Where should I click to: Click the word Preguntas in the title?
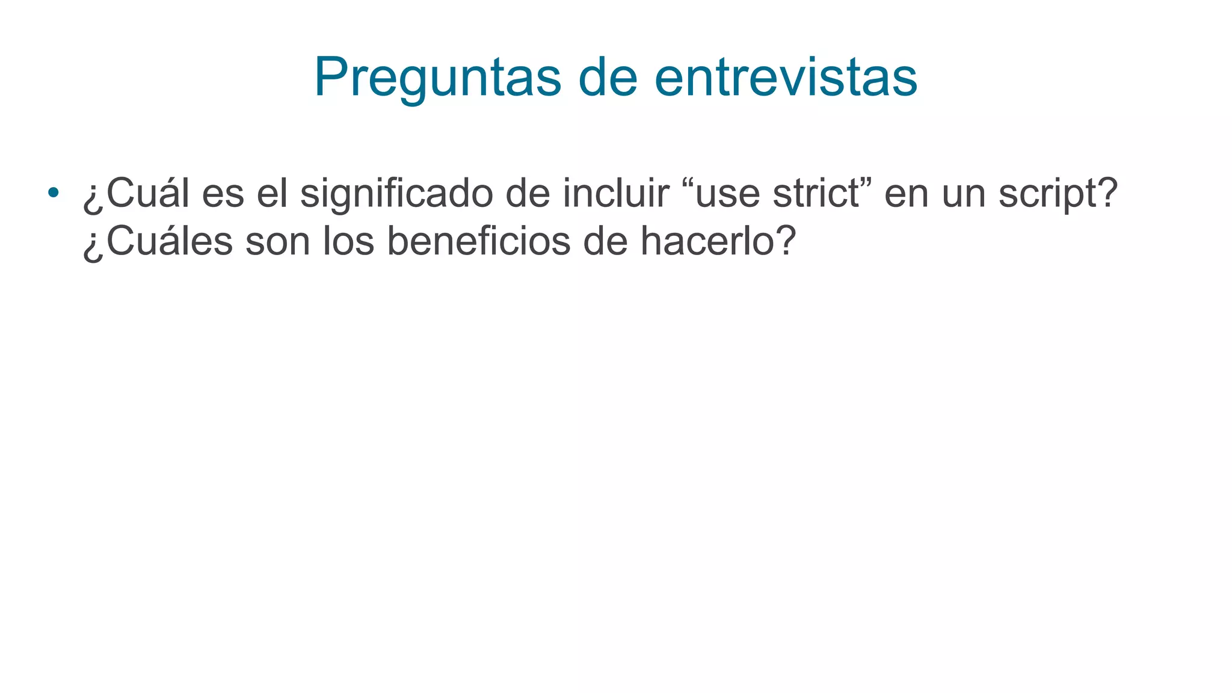(x=437, y=78)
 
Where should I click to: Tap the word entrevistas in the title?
(x=786, y=78)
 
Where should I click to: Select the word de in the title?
(x=607, y=78)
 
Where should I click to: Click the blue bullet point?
(x=54, y=192)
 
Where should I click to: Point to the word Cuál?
(x=148, y=194)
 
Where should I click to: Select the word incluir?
(x=615, y=194)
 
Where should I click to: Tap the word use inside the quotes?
(x=727, y=194)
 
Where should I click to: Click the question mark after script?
(x=1106, y=194)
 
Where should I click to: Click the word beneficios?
(x=478, y=241)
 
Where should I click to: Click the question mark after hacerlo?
(x=785, y=241)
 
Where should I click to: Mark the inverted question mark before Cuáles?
(x=93, y=244)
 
